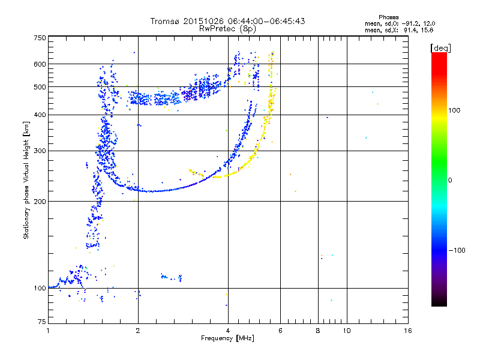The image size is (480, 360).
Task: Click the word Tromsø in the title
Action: tap(164, 21)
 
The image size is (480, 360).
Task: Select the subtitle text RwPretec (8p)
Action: tap(228, 28)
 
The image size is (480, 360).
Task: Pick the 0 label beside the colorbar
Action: tap(451, 180)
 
